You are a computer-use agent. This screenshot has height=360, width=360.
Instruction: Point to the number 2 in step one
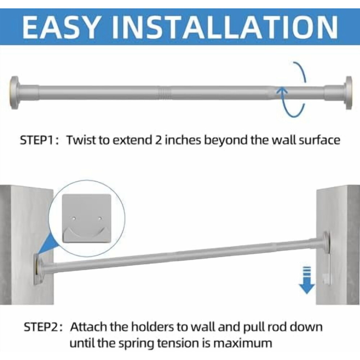[159, 140]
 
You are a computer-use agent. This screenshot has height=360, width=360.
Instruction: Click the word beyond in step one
[226, 140]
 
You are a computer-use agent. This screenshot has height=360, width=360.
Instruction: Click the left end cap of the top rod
[14, 93]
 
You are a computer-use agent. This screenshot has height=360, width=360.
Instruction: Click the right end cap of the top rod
[348, 93]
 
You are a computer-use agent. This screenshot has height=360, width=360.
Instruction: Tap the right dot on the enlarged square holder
[100, 219]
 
